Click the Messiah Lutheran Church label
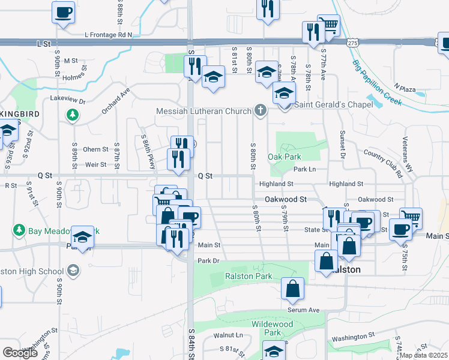(203, 111)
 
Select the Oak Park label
(284, 157)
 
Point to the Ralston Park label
(249, 276)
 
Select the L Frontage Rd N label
(109, 35)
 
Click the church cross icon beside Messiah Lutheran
(260, 110)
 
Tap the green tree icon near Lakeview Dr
(73, 115)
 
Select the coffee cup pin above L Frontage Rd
(63, 12)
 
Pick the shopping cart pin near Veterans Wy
(411, 217)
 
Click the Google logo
(20, 353)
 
